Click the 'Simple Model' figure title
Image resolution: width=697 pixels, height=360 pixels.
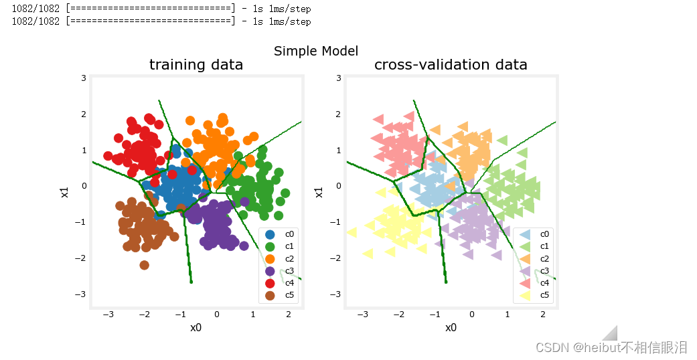[x=316, y=51]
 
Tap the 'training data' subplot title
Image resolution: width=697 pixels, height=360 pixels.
[x=196, y=65]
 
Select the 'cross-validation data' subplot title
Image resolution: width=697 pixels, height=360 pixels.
[x=451, y=65]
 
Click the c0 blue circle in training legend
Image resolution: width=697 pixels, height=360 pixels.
[x=270, y=234]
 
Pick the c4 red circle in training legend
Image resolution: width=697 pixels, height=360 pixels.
[x=270, y=283]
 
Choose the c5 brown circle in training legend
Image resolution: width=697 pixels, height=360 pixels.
[x=270, y=295]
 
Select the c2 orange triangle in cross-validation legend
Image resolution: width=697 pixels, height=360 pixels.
[x=525, y=259]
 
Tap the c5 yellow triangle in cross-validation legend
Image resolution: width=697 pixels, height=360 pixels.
[x=525, y=295]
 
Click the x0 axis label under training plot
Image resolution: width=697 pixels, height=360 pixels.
[x=196, y=328]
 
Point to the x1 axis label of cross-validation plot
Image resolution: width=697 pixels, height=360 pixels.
[x=319, y=192]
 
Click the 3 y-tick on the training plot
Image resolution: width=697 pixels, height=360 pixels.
[x=84, y=78]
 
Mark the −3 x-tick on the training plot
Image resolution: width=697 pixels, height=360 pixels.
[x=108, y=314]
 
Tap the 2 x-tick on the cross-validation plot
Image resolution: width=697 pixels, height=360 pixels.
[x=543, y=314]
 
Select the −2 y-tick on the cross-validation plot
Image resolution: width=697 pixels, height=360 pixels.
[x=335, y=258]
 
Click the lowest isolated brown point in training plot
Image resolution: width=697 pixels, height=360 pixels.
[x=144, y=266]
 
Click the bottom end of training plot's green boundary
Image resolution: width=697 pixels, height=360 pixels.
[x=191, y=282]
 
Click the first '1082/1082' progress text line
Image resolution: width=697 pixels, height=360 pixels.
[x=35, y=9]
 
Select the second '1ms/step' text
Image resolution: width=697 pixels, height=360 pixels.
[x=290, y=22]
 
